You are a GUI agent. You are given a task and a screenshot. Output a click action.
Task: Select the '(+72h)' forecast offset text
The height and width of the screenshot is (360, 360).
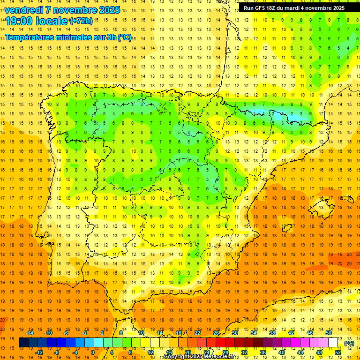[x=81, y=21]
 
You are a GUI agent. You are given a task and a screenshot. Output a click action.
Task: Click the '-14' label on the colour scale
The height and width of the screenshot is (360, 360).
[x=30, y=332]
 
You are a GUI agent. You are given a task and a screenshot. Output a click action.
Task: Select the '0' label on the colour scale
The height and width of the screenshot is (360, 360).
[x=93, y=352]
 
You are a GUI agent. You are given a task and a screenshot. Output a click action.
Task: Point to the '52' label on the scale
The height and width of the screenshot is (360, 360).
[x=337, y=352]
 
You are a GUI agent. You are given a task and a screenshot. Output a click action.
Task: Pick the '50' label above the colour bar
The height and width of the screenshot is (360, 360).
[x=328, y=332]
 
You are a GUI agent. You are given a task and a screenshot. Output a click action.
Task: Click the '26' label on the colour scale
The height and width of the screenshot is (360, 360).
[x=216, y=332]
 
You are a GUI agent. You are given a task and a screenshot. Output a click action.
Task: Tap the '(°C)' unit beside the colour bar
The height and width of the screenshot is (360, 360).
[x=349, y=343]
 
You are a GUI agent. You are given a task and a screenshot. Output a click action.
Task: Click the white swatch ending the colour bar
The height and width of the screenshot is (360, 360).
[x=333, y=343]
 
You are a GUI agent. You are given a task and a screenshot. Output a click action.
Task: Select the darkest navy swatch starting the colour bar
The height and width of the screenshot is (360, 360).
[x=23, y=343]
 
